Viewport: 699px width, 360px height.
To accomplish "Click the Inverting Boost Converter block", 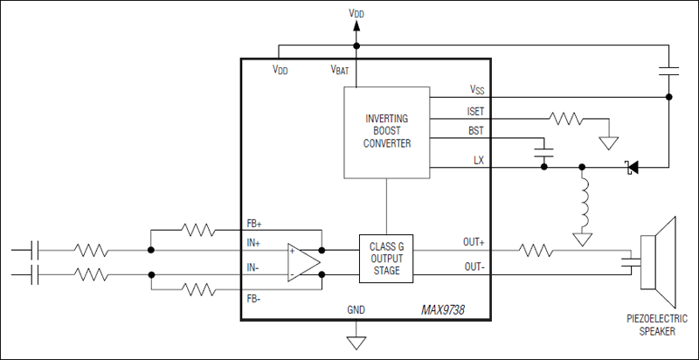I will [385, 130].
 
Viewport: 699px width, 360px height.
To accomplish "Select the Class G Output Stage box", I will [385, 259].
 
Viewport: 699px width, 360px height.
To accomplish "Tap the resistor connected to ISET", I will [564, 117].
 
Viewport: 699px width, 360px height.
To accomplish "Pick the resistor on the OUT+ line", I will [535, 251].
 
